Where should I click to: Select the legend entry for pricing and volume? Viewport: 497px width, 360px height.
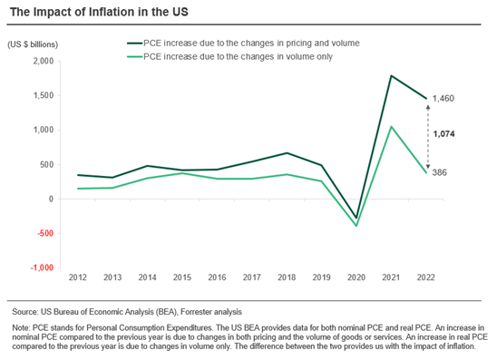245,43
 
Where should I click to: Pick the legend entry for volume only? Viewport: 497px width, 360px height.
232,56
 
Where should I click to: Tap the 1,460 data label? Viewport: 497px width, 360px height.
444,98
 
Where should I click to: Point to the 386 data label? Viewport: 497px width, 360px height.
441,172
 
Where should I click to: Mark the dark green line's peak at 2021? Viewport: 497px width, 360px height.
391,76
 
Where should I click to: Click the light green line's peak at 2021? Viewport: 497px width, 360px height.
391,127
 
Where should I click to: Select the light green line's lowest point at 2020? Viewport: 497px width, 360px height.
356,225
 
